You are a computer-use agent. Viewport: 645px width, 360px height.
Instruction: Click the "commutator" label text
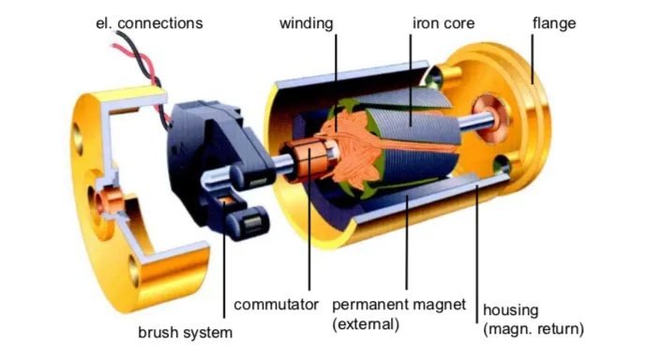coord(275,305)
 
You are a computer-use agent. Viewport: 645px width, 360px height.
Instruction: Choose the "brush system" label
coord(186,332)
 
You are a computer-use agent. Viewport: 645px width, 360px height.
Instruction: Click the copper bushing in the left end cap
coord(111,199)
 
